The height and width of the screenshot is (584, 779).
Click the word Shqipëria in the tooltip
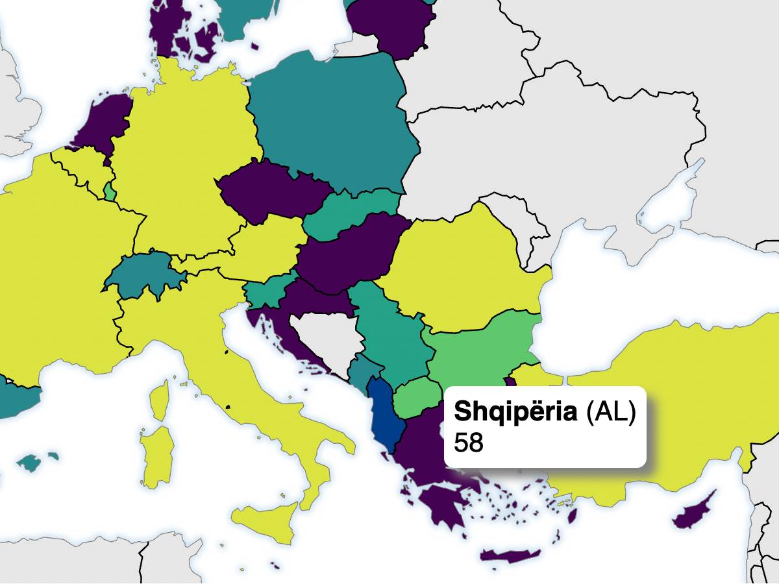tap(516, 411)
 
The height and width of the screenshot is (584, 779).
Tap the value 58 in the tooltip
tap(469, 443)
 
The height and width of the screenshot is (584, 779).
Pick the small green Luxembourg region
tap(110, 193)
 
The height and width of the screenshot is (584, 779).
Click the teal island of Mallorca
tap(29, 463)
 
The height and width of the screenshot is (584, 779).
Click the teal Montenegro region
tap(359, 372)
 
